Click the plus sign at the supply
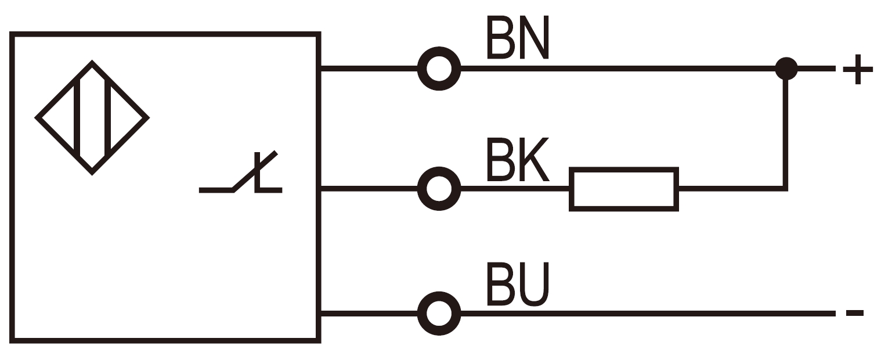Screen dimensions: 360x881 tap(857, 69)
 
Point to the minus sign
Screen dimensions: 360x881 tap(854, 313)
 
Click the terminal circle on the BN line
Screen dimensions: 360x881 tap(439, 69)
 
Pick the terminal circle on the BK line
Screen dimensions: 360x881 tap(439, 189)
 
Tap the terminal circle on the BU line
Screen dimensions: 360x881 tap(439, 314)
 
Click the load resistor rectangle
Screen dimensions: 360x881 tap(624, 189)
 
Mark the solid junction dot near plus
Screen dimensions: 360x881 tap(786, 69)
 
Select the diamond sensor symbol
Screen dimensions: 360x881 tap(92, 117)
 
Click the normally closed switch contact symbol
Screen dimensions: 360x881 tap(244, 174)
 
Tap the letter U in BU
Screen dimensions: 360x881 tap(533, 285)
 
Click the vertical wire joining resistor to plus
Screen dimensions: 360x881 tap(786, 134)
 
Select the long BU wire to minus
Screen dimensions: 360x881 tap(638, 314)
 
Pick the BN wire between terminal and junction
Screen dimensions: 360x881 tap(615, 69)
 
